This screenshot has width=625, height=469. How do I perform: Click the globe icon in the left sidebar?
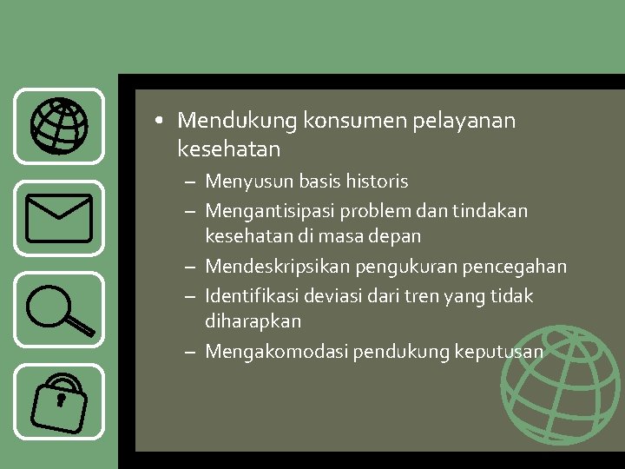(x=59, y=126)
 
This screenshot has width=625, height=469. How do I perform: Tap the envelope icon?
(x=59, y=217)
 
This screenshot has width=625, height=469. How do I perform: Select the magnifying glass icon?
(x=59, y=309)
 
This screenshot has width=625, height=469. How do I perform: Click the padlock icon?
(x=59, y=400)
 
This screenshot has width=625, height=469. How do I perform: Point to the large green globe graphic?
(x=560, y=386)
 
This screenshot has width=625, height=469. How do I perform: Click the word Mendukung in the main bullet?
(x=238, y=121)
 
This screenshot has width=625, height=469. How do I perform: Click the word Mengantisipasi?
(x=270, y=211)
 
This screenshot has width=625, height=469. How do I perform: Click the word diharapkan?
(x=253, y=321)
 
